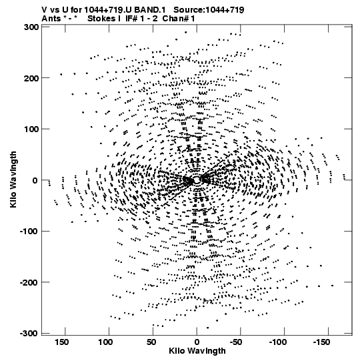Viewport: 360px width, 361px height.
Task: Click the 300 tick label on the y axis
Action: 31,27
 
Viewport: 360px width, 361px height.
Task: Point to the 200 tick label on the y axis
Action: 31,78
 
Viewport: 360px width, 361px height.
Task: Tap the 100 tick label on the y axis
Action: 31,129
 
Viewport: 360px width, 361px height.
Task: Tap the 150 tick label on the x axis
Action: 61,342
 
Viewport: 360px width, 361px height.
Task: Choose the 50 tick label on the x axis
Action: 151,342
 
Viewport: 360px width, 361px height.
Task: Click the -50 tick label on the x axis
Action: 236,342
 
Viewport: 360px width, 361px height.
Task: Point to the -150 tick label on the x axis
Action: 321,342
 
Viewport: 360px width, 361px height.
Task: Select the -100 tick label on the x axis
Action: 277,342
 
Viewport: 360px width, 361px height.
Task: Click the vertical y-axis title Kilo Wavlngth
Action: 13,179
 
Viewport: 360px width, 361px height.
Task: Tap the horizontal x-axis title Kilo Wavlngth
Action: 197,351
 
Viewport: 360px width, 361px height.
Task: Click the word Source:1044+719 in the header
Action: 209,10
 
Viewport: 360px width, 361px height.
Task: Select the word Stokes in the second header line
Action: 101,19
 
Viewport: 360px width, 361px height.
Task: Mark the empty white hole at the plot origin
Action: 197,180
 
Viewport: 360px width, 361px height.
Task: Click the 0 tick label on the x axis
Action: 197,342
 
